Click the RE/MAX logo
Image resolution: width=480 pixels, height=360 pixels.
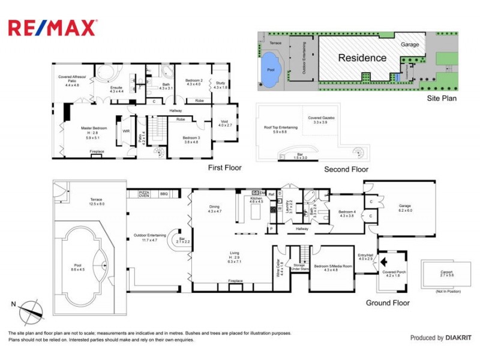[x=52, y=28]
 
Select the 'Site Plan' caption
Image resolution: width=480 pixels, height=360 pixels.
[x=442, y=98]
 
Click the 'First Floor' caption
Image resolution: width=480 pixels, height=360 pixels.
[x=224, y=167]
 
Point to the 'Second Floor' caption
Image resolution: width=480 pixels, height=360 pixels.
[x=346, y=169]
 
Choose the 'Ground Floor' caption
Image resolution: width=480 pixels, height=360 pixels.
[x=388, y=303]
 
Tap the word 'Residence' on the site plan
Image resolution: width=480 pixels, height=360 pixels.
[x=362, y=58]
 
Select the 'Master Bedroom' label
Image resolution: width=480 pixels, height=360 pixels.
[x=94, y=128]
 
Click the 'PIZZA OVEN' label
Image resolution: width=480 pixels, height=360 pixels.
[x=145, y=194]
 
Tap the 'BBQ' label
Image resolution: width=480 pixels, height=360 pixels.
[x=164, y=194]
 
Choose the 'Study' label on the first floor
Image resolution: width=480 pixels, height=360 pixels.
[x=221, y=83]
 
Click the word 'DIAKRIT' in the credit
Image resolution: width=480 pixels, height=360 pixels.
[x=459, y=338]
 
